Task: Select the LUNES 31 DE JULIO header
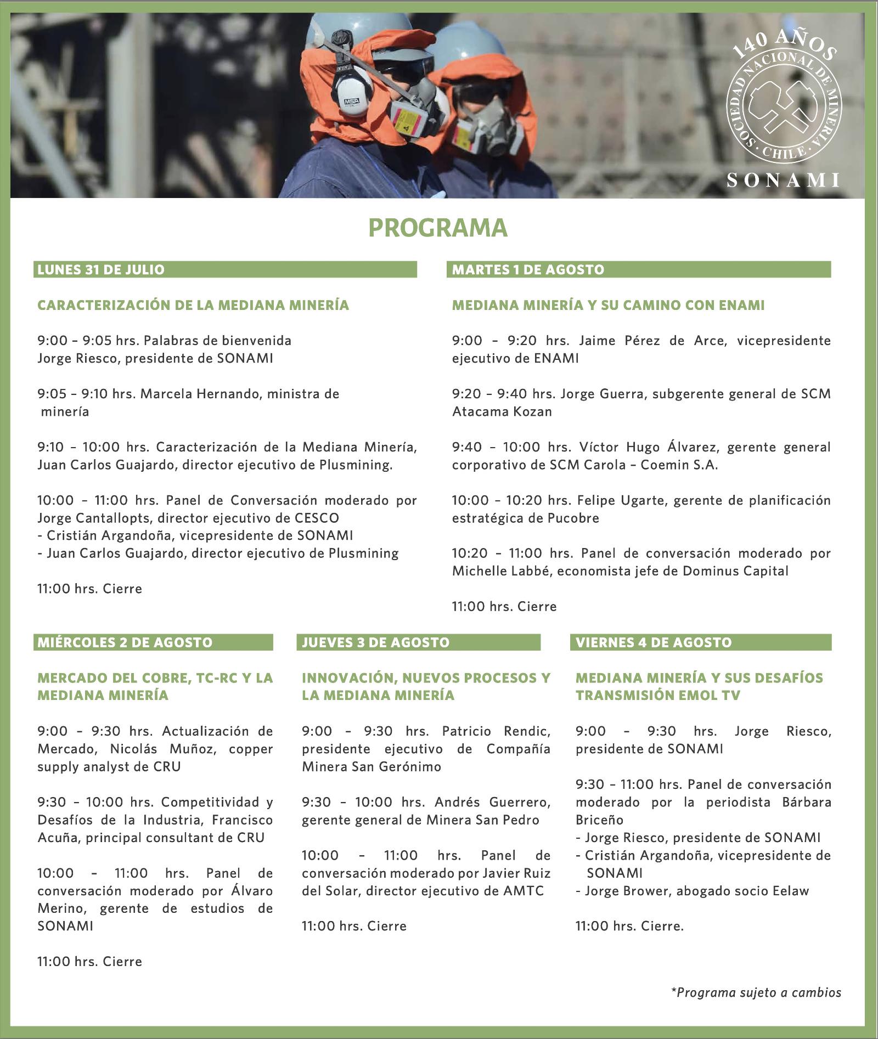(x=101, y=269)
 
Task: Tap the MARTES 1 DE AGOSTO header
(x=528, y=269)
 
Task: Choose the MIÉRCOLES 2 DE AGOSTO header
(x=125, y=642)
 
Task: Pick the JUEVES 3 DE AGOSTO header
(x=375, y=642)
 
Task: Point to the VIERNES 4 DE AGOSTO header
(x=654, y=642)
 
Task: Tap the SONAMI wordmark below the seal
(x=783, y=180)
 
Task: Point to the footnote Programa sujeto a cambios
(x=756, y=992)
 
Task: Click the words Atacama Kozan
(x=502, y=411)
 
